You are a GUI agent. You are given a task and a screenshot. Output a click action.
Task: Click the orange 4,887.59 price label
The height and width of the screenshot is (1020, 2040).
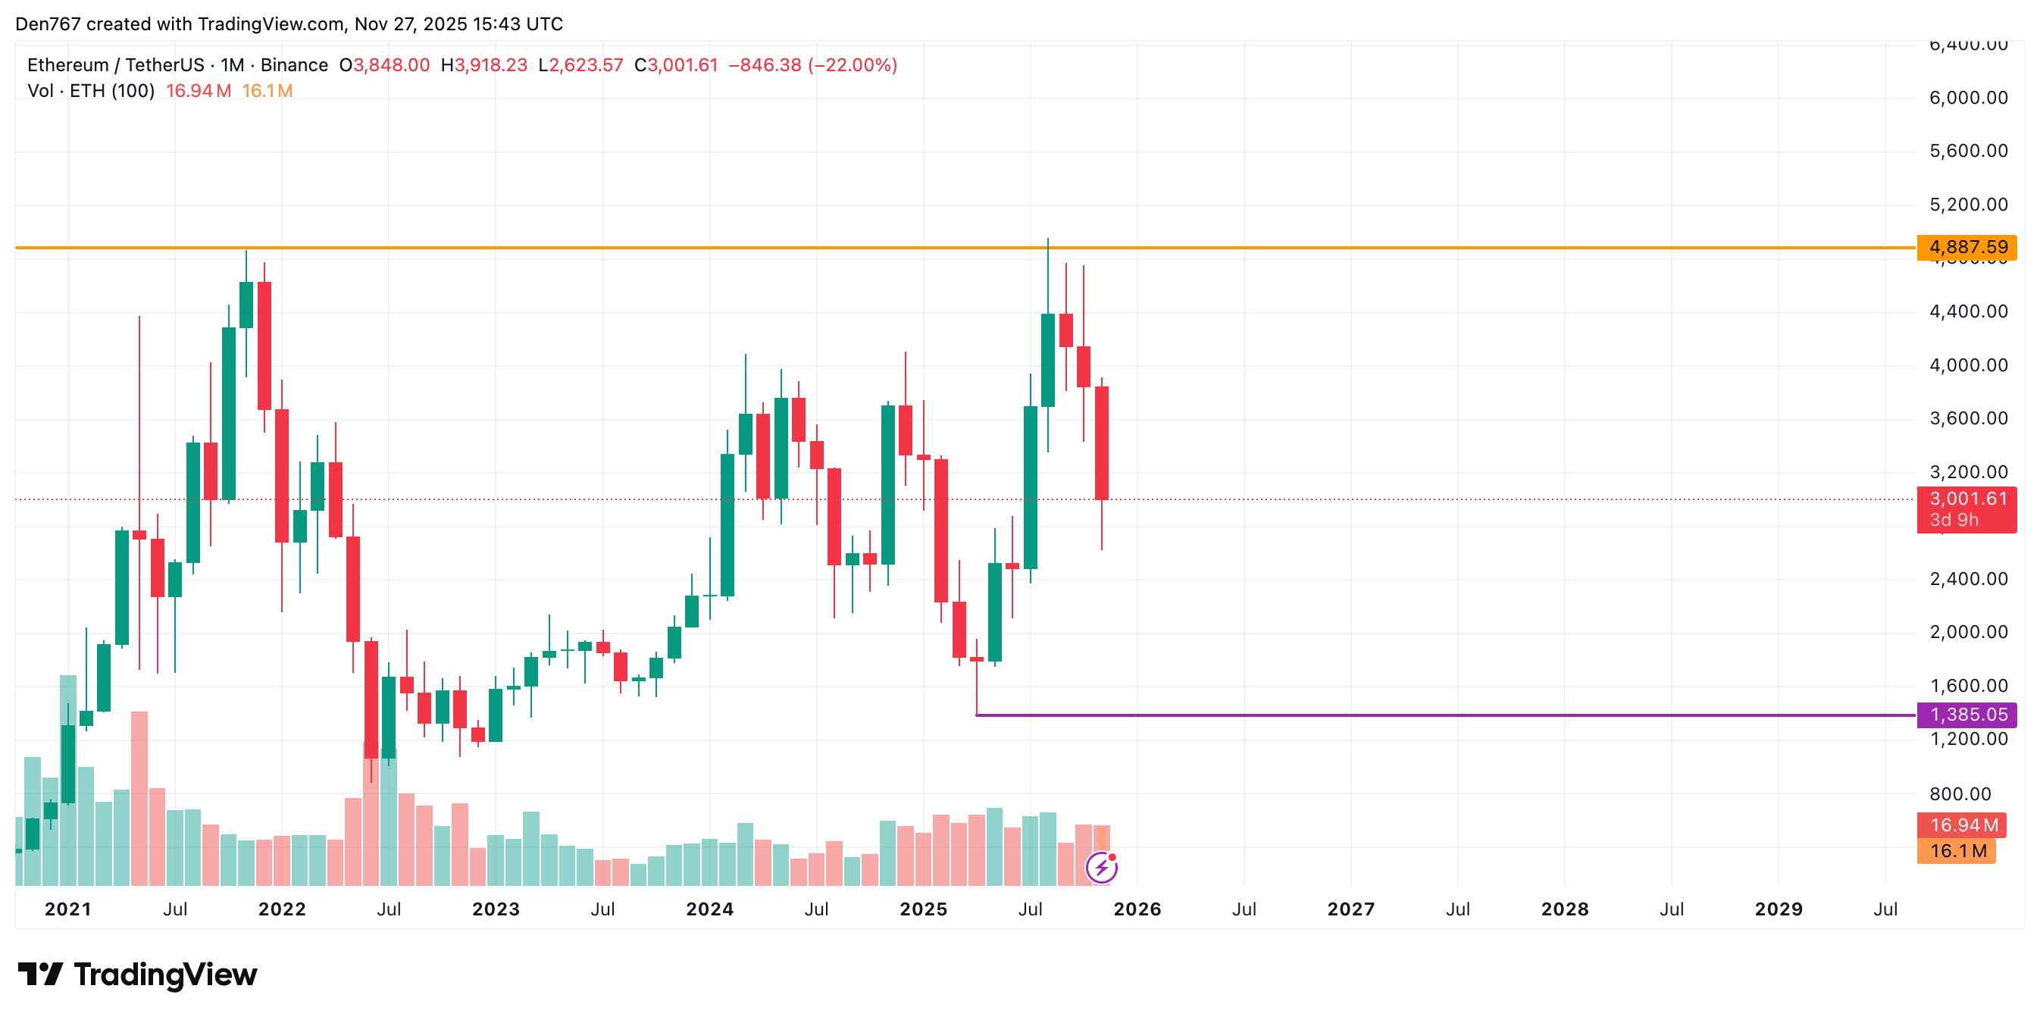tap(1966, 247)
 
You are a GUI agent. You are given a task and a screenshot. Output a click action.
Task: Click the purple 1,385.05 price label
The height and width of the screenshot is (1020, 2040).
tap(1966, 715)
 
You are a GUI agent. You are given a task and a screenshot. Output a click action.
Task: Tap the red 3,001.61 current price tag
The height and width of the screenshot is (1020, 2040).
tap(1966, 499)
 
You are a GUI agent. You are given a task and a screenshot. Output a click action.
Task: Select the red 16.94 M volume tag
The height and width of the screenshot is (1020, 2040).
tap(1962, 824)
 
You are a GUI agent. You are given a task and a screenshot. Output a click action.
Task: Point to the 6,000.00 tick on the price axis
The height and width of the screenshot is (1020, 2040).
tap(1968, 98)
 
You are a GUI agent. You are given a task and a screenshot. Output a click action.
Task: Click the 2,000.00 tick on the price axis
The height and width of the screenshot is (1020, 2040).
tap(1968, 632)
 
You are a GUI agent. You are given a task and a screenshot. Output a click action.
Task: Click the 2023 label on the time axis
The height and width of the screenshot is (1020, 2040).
tap(496, 909)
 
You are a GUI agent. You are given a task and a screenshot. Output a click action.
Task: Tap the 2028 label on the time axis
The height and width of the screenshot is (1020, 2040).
tap(1565, 909)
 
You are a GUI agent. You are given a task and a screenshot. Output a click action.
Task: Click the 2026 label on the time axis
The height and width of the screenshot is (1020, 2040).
tap(1137, 909)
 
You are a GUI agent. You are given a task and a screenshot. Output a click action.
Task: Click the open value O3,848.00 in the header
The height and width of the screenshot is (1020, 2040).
tap(384, 65)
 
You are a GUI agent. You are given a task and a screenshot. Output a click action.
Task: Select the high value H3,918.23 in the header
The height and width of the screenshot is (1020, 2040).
tap(484, 65)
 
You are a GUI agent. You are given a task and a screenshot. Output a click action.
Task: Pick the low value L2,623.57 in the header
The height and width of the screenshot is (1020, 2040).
tap(580, 65)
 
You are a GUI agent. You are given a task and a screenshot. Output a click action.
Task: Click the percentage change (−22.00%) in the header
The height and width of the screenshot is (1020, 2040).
tap(852, 65)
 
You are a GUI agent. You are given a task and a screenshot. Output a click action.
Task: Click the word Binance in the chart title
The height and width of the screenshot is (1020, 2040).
tap(294, 65)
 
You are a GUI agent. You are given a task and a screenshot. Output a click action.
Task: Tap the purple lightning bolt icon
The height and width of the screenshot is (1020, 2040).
tap(1102, 867)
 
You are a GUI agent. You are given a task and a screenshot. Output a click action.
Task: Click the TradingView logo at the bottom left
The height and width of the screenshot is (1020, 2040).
tap(137, 974)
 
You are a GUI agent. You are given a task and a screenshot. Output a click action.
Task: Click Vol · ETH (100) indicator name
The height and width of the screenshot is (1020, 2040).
tap(91, 91)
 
